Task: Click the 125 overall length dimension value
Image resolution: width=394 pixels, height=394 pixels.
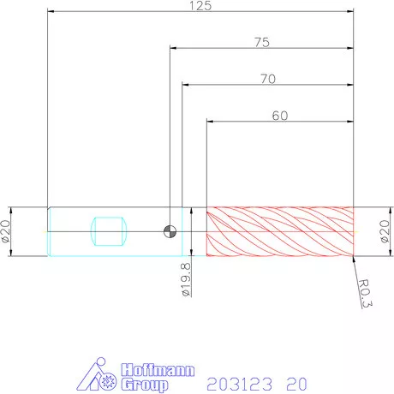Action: (x=200, y=6)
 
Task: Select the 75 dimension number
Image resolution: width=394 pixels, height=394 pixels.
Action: (x=262, y=42)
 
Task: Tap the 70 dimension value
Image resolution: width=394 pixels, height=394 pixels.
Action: (x=268, y=79)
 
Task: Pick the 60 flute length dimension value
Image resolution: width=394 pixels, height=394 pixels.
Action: (x=280, y=116)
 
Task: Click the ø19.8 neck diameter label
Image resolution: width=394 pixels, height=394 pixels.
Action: (x=186, y=280)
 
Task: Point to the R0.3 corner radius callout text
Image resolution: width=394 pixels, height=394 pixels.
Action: (x=365, y=293)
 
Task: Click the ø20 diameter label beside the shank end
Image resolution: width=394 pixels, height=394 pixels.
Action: (x=6, y=231)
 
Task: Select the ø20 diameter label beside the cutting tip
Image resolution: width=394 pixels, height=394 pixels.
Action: (x=385, y=231)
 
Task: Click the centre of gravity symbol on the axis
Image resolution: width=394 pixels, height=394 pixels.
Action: (x=170, y=231)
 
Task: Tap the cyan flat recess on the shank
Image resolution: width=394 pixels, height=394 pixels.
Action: (x=108, y=231)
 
